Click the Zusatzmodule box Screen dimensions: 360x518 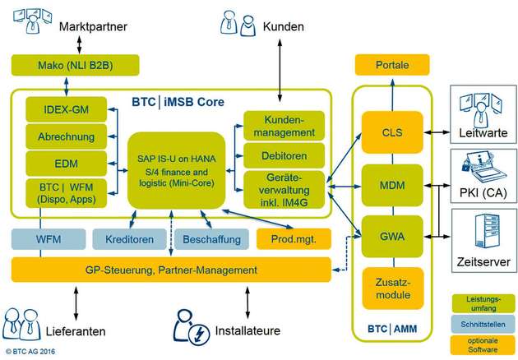pyautogui.click(x=391, y=287)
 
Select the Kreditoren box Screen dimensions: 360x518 pyautogui.click(x=128, y=240)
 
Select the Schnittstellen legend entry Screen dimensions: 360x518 pyautogui.click(x=483, y=323)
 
